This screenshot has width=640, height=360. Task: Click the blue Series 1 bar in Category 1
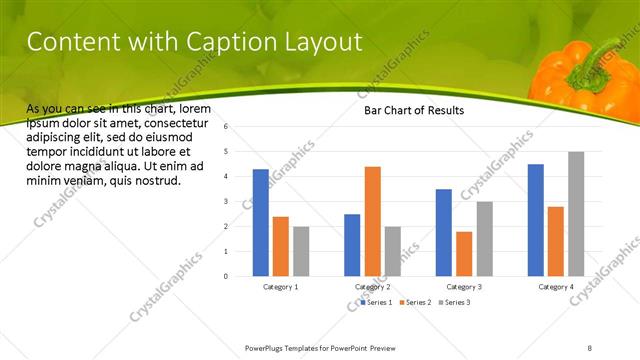point(261,222)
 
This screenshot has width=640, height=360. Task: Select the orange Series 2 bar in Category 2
point(372,220)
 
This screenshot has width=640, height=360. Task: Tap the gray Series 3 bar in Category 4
point(576,213)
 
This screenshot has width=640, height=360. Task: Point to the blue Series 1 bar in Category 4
point(535,219)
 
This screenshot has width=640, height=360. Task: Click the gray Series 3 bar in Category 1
point(301,250)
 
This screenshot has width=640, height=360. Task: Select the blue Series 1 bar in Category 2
point(352,244)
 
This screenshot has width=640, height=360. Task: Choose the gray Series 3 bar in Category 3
point(484,238)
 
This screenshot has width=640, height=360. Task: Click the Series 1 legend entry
point(377,301)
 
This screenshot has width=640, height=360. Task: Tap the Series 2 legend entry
point(415,301)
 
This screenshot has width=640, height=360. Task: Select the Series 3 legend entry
point(454,301)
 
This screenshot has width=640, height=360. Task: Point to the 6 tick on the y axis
point(227,127)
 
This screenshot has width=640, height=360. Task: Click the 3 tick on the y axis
point(227,201)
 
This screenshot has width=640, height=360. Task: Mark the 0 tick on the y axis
point(227,276)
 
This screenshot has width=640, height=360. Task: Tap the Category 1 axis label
point(280,287)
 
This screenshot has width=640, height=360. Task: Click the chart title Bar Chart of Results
point(413,111)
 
